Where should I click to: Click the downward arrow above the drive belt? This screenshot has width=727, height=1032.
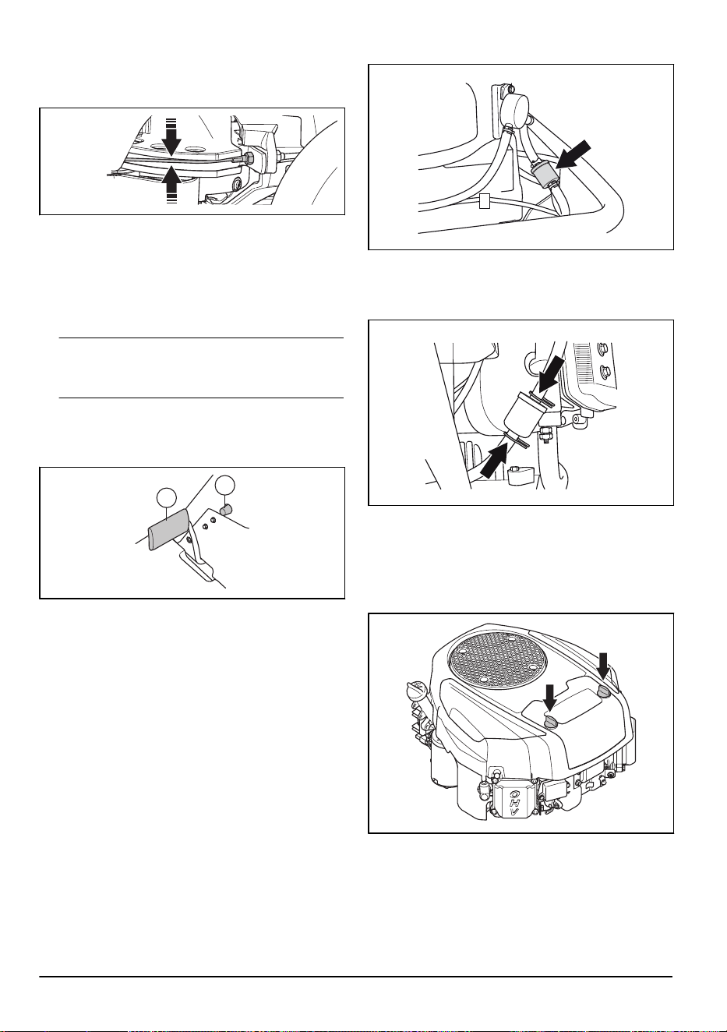[x=171, y=137]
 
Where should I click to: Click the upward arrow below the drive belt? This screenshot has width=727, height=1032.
[x=171, y=186]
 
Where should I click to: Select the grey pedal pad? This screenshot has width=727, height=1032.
[x=168, y=530]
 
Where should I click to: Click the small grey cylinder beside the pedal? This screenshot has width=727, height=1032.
[x=225, y=511]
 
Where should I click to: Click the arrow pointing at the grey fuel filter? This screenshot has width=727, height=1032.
[x=573, y=155]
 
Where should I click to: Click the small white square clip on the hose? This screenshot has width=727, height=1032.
[x=483, y=201]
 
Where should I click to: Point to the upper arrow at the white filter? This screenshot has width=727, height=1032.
[x=550, y=373]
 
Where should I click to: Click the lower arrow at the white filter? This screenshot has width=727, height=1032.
[x=494, y=462]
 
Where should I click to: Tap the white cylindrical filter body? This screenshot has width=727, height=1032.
[x=523, y=414]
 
